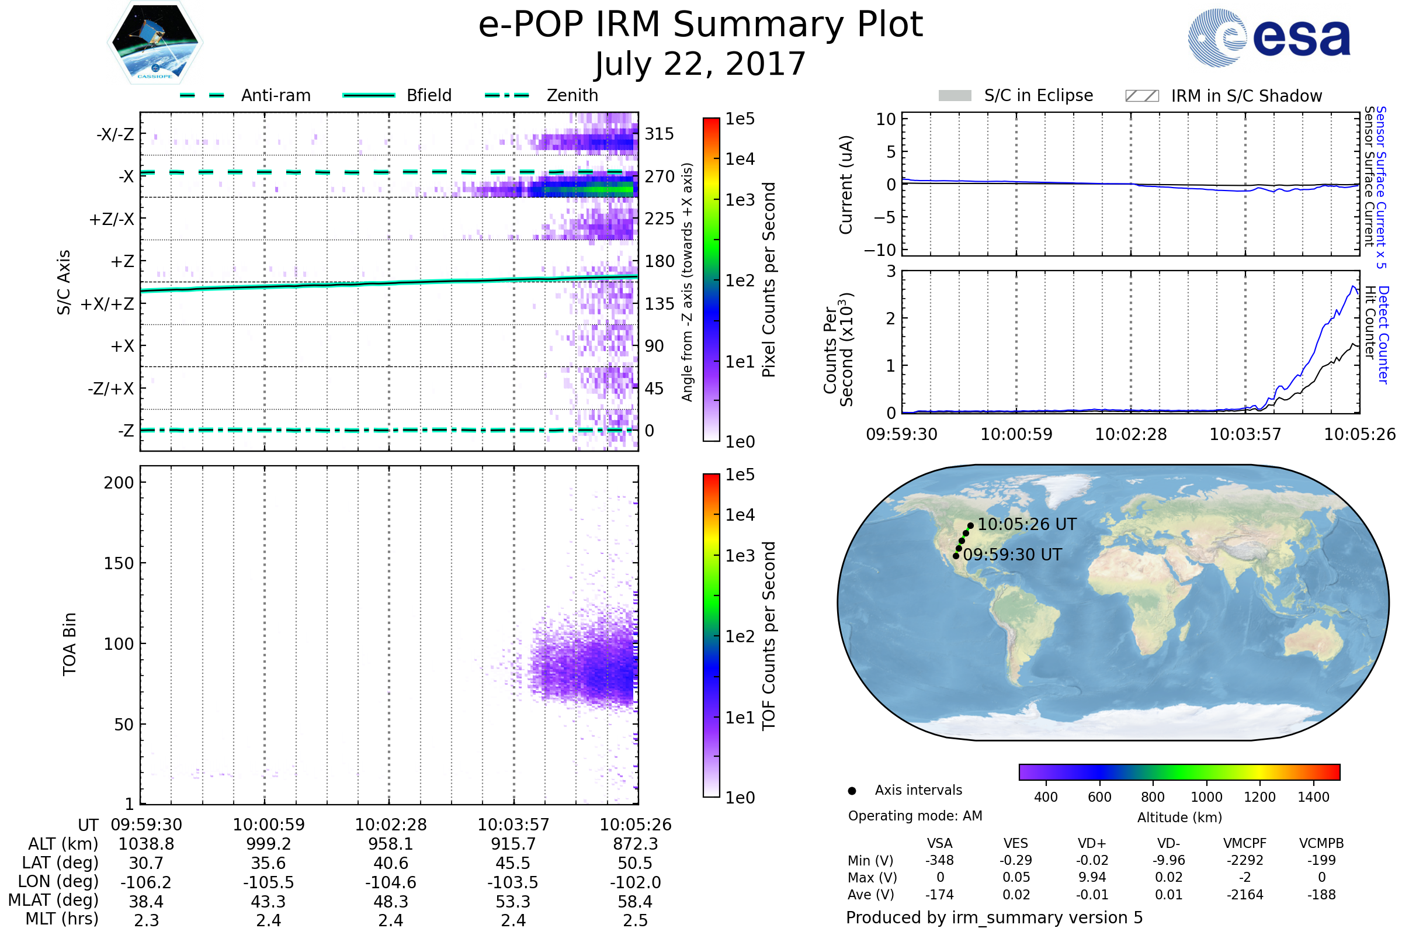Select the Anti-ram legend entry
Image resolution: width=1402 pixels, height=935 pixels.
tap(275, 95)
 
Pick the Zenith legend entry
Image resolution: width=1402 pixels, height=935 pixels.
tap(572, 95)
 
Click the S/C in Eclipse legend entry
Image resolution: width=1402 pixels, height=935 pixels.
tap(1038, 95)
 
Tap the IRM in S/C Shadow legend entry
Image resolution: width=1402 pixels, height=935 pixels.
tap(1246, 96)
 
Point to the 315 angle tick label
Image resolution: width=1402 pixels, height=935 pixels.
tap(659, 134)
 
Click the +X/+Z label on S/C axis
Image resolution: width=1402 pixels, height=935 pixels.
tap(107, 304)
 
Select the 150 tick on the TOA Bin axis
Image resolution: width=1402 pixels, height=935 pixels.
tap(119, 563)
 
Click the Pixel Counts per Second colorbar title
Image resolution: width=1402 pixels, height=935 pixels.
tap(769, 280)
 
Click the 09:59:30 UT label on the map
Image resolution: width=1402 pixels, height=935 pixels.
tap(1012, 555)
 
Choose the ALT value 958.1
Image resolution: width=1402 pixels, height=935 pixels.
tap(390, 844)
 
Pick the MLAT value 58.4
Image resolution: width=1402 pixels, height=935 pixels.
tap(635, 902)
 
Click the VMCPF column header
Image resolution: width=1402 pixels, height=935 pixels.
tap(1245, 844)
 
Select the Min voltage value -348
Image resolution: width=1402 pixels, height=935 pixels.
tap(939, 860)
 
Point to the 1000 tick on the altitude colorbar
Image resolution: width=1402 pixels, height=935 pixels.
tap(1206, 797)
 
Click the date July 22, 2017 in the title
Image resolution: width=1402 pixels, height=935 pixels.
tap(700, 64)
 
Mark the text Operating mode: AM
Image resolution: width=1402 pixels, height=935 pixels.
tap(915, 816)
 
